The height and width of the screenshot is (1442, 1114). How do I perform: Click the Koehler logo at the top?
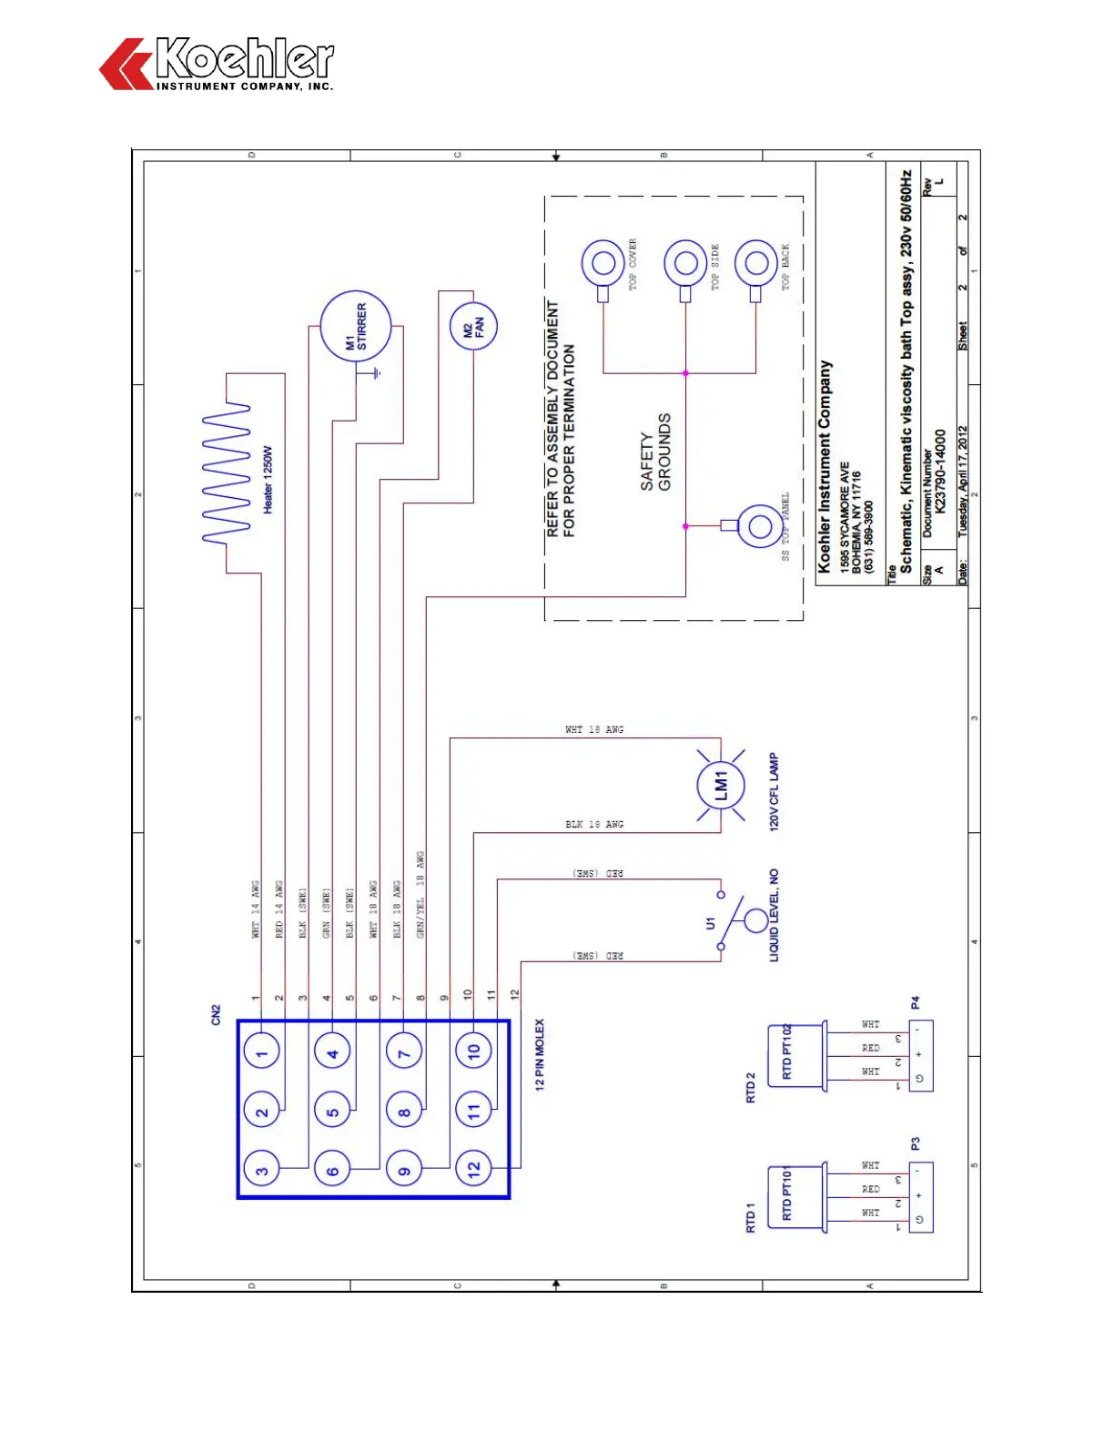(x=217, y=64)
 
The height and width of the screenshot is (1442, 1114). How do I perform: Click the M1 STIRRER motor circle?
(x=355, y=326)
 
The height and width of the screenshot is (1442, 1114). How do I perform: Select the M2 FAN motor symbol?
(x=473, y=326)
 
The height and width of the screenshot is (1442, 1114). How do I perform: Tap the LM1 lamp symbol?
(x=721, y=785)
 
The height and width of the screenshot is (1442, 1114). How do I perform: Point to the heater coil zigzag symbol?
(x=226, y=473)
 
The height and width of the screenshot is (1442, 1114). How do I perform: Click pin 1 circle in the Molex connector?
(x=261, y=1054)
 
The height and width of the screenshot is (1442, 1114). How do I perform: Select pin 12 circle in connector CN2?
(x=473, y=1170)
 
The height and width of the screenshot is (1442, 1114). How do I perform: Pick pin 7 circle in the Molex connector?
(x=403, y=1054)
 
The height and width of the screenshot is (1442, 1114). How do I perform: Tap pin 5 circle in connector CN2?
(x=332, y=1112)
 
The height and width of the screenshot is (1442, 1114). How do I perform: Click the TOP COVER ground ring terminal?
(x=603, y=265)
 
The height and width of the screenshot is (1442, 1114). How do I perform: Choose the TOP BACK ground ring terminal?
(x=755, y=265)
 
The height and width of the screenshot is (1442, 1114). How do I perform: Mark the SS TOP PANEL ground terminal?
(x=757, y=525)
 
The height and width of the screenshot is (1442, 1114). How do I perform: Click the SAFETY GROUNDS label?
(x=655, y=452)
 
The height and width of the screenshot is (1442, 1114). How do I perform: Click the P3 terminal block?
(x=920, y=1196)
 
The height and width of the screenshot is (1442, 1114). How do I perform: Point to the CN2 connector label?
(x=216, y=1015)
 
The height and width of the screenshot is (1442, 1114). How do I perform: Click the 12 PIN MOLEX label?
(x=540, y=1054)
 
